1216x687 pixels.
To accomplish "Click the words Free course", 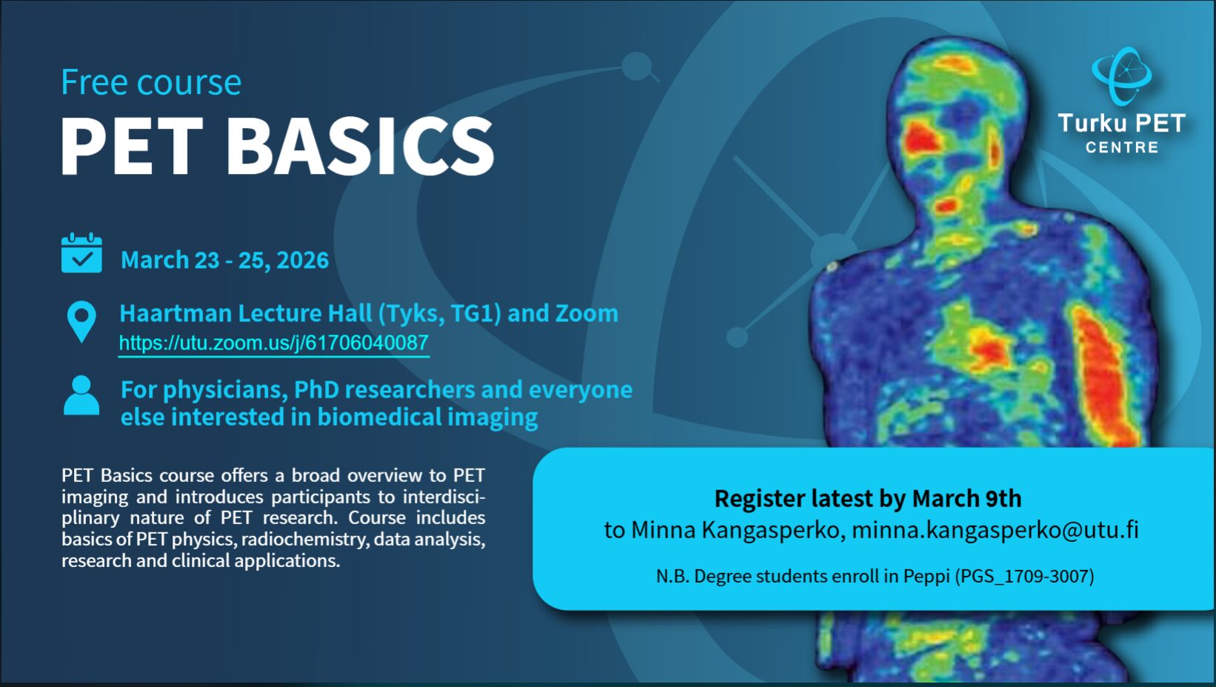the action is pos(151,82).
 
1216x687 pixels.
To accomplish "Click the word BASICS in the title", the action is pos(359,146).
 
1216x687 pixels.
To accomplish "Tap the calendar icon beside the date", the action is pos(81,253).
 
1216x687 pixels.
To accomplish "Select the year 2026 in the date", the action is pos(303,260).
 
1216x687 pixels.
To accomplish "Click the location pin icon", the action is pos(81,322).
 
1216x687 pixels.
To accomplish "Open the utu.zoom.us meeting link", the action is pos(273,343).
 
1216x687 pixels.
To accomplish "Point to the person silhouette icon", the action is pos(81,395).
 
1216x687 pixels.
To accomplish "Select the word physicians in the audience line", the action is pos(225,390).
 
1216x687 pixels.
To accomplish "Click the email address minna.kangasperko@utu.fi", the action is pos(995,530).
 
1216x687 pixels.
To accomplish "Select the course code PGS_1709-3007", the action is pos(1024,576).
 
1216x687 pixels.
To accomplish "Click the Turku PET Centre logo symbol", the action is pos(1122,76).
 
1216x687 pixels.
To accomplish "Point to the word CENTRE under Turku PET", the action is pos(1122,147).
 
